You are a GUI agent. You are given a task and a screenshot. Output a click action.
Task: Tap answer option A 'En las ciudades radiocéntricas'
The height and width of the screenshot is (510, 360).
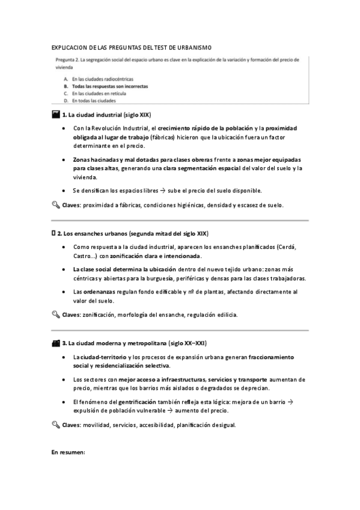tap(102, 79)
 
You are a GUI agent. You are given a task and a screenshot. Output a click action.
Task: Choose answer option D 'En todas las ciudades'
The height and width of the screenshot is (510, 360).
tap(94, 101)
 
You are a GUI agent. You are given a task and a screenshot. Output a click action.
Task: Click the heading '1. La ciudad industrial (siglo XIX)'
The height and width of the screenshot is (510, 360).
tap(106, 114)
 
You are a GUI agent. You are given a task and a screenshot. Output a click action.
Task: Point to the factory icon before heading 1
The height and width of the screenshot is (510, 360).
tap(56, 114)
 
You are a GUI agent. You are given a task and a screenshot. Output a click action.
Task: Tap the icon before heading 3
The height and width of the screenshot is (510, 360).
tap(56, 343)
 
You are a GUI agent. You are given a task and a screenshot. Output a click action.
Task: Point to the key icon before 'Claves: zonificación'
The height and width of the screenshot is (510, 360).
tap(56, 315)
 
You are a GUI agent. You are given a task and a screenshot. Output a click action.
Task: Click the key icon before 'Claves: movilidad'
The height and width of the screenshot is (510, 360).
tap(56, 425)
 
